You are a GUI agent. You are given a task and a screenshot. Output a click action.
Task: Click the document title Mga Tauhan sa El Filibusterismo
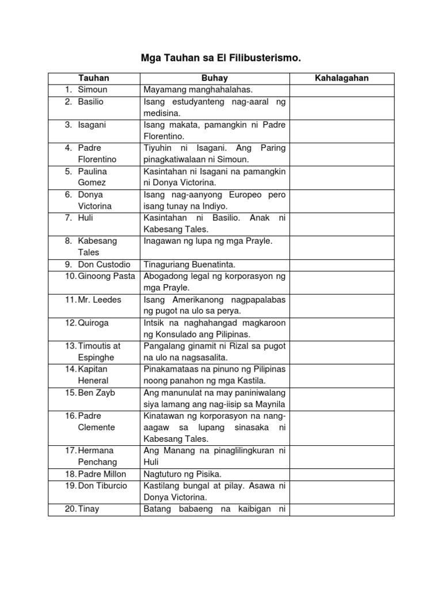tap(221, 58)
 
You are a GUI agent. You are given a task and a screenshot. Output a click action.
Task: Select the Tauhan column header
tap(94, 78)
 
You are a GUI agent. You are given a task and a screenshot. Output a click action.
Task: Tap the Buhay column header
tap(214, 78)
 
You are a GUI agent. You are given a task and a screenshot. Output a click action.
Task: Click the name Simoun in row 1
tap(93, 90)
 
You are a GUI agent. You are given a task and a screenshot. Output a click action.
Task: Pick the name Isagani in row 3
tap(92, 124)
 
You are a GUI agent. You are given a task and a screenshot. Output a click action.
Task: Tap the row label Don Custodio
tap(104, 265)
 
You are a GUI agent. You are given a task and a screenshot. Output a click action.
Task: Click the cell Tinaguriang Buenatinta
tap(191, 265)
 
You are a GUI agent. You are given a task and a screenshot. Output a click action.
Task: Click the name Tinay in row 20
tap(89, 509)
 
